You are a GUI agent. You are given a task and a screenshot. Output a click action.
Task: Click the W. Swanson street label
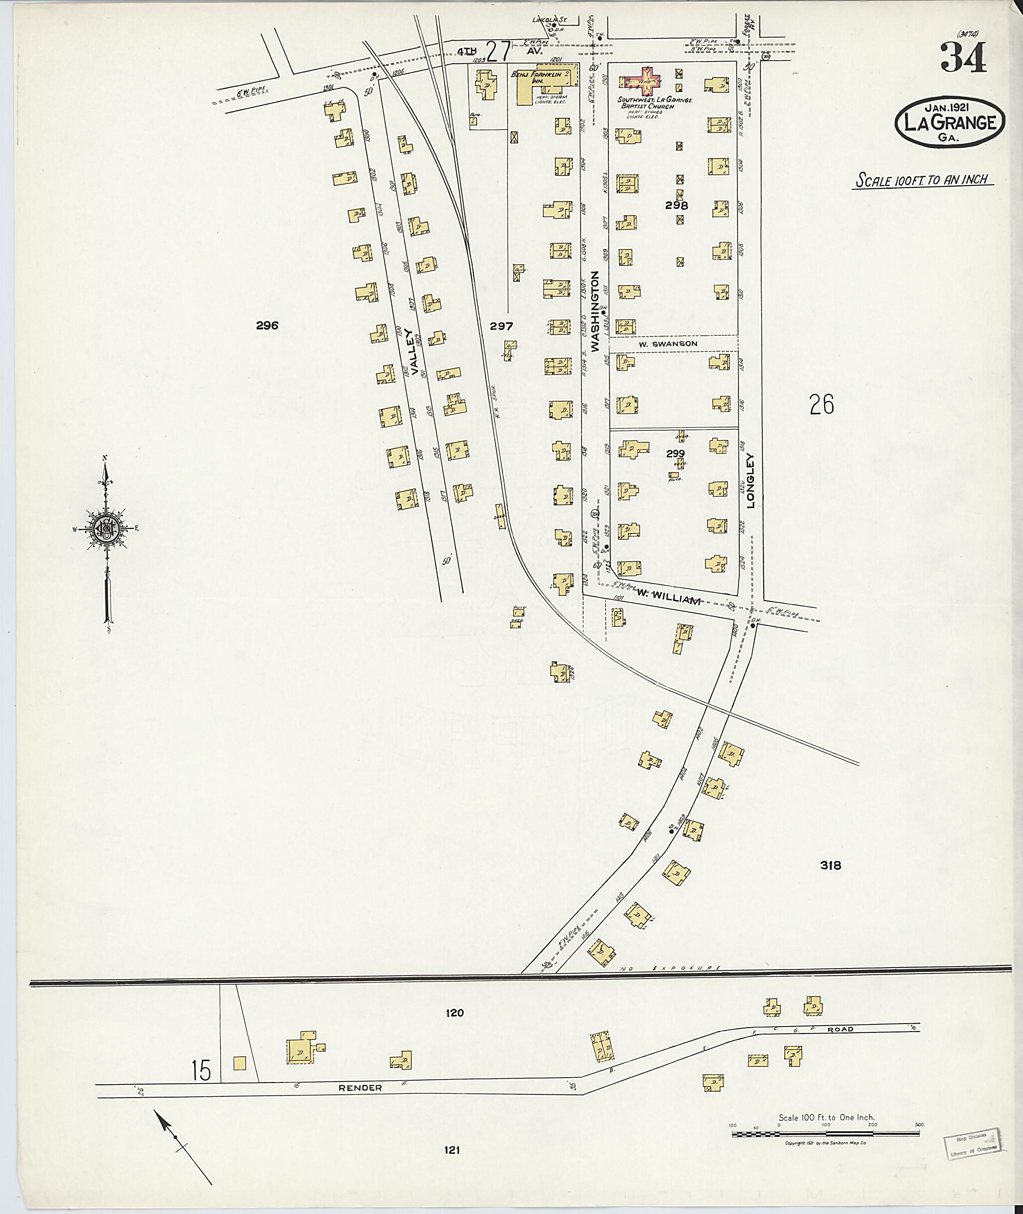668,343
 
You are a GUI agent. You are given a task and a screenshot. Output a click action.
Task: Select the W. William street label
669,601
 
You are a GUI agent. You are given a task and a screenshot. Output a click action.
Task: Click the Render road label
361,1088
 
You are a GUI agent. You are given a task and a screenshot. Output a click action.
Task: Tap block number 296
267,325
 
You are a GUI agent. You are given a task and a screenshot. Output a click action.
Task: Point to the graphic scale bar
825,1133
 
